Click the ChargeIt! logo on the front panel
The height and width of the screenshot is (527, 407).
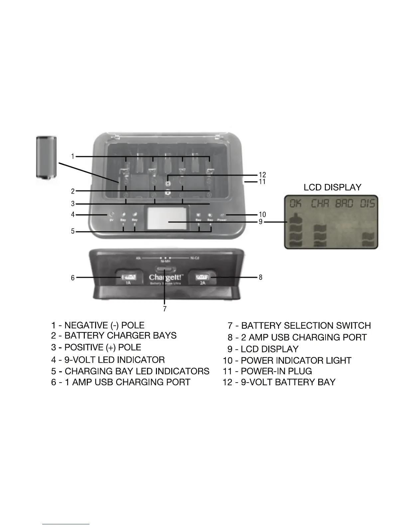point(165,277)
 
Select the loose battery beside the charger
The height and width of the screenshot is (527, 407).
point(46,157)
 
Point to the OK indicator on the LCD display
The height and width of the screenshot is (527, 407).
point(295,203)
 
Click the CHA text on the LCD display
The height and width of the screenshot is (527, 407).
point(320,203)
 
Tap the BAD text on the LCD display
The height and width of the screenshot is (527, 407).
point(344,203)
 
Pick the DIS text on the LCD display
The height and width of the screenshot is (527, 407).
point(368,203)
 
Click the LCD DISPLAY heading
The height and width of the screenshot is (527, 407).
point(332,187)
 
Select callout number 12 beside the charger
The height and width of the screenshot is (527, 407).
point(262,175)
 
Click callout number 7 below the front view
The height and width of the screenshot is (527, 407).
point(165,309)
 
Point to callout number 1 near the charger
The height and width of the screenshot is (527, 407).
point(72,156)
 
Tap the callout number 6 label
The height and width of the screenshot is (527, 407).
point(72,277)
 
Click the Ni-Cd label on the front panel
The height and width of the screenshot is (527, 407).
point(195,258)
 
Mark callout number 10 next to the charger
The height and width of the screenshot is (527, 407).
point(262,215)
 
